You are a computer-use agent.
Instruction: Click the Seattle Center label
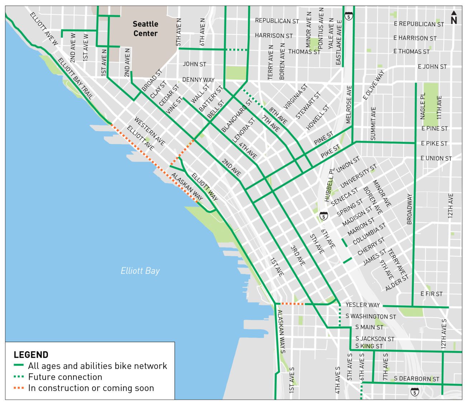pyautogui.click(x=145, y=29)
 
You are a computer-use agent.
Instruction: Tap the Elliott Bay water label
pyautogui.click(x=140, y=271)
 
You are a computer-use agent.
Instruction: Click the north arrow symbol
pyautogui.click(x=453, y=18)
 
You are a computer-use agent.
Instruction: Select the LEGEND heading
pyautogui.click(x=31, y=355)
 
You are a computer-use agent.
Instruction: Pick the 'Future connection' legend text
pyautogui.click(x=65, y=377)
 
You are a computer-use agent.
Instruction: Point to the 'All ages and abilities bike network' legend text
pyautogui.click(x=98, y=366)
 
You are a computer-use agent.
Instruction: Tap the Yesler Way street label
pyautogui.click(x=362, y=305)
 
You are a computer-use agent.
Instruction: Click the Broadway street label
pyautogui.click(x=410, y=209)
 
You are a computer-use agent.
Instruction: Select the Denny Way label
pyautogui.click(x=198, y=80)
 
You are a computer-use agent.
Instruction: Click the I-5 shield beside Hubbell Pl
pyautogui.click(x=324, y=216)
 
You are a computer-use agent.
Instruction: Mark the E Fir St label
pyautogui.click(x=431, y=294)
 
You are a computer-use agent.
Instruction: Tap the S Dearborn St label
pyautogui.click(x=416, y=378)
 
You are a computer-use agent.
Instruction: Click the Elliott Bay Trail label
pyautogui.click(x=75, y=78)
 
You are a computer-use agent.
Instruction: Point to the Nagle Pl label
pyautogui.click(x=423, y=106)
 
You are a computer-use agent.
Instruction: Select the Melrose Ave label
pyautogui.click(x=349, y=104)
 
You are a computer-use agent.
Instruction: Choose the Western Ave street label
pyautogui.click(x=149, y=131)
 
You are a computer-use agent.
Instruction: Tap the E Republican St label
pyautogui.click(x=419, y=24)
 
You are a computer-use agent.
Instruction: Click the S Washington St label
pyautogui.click(x=371, y=316)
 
